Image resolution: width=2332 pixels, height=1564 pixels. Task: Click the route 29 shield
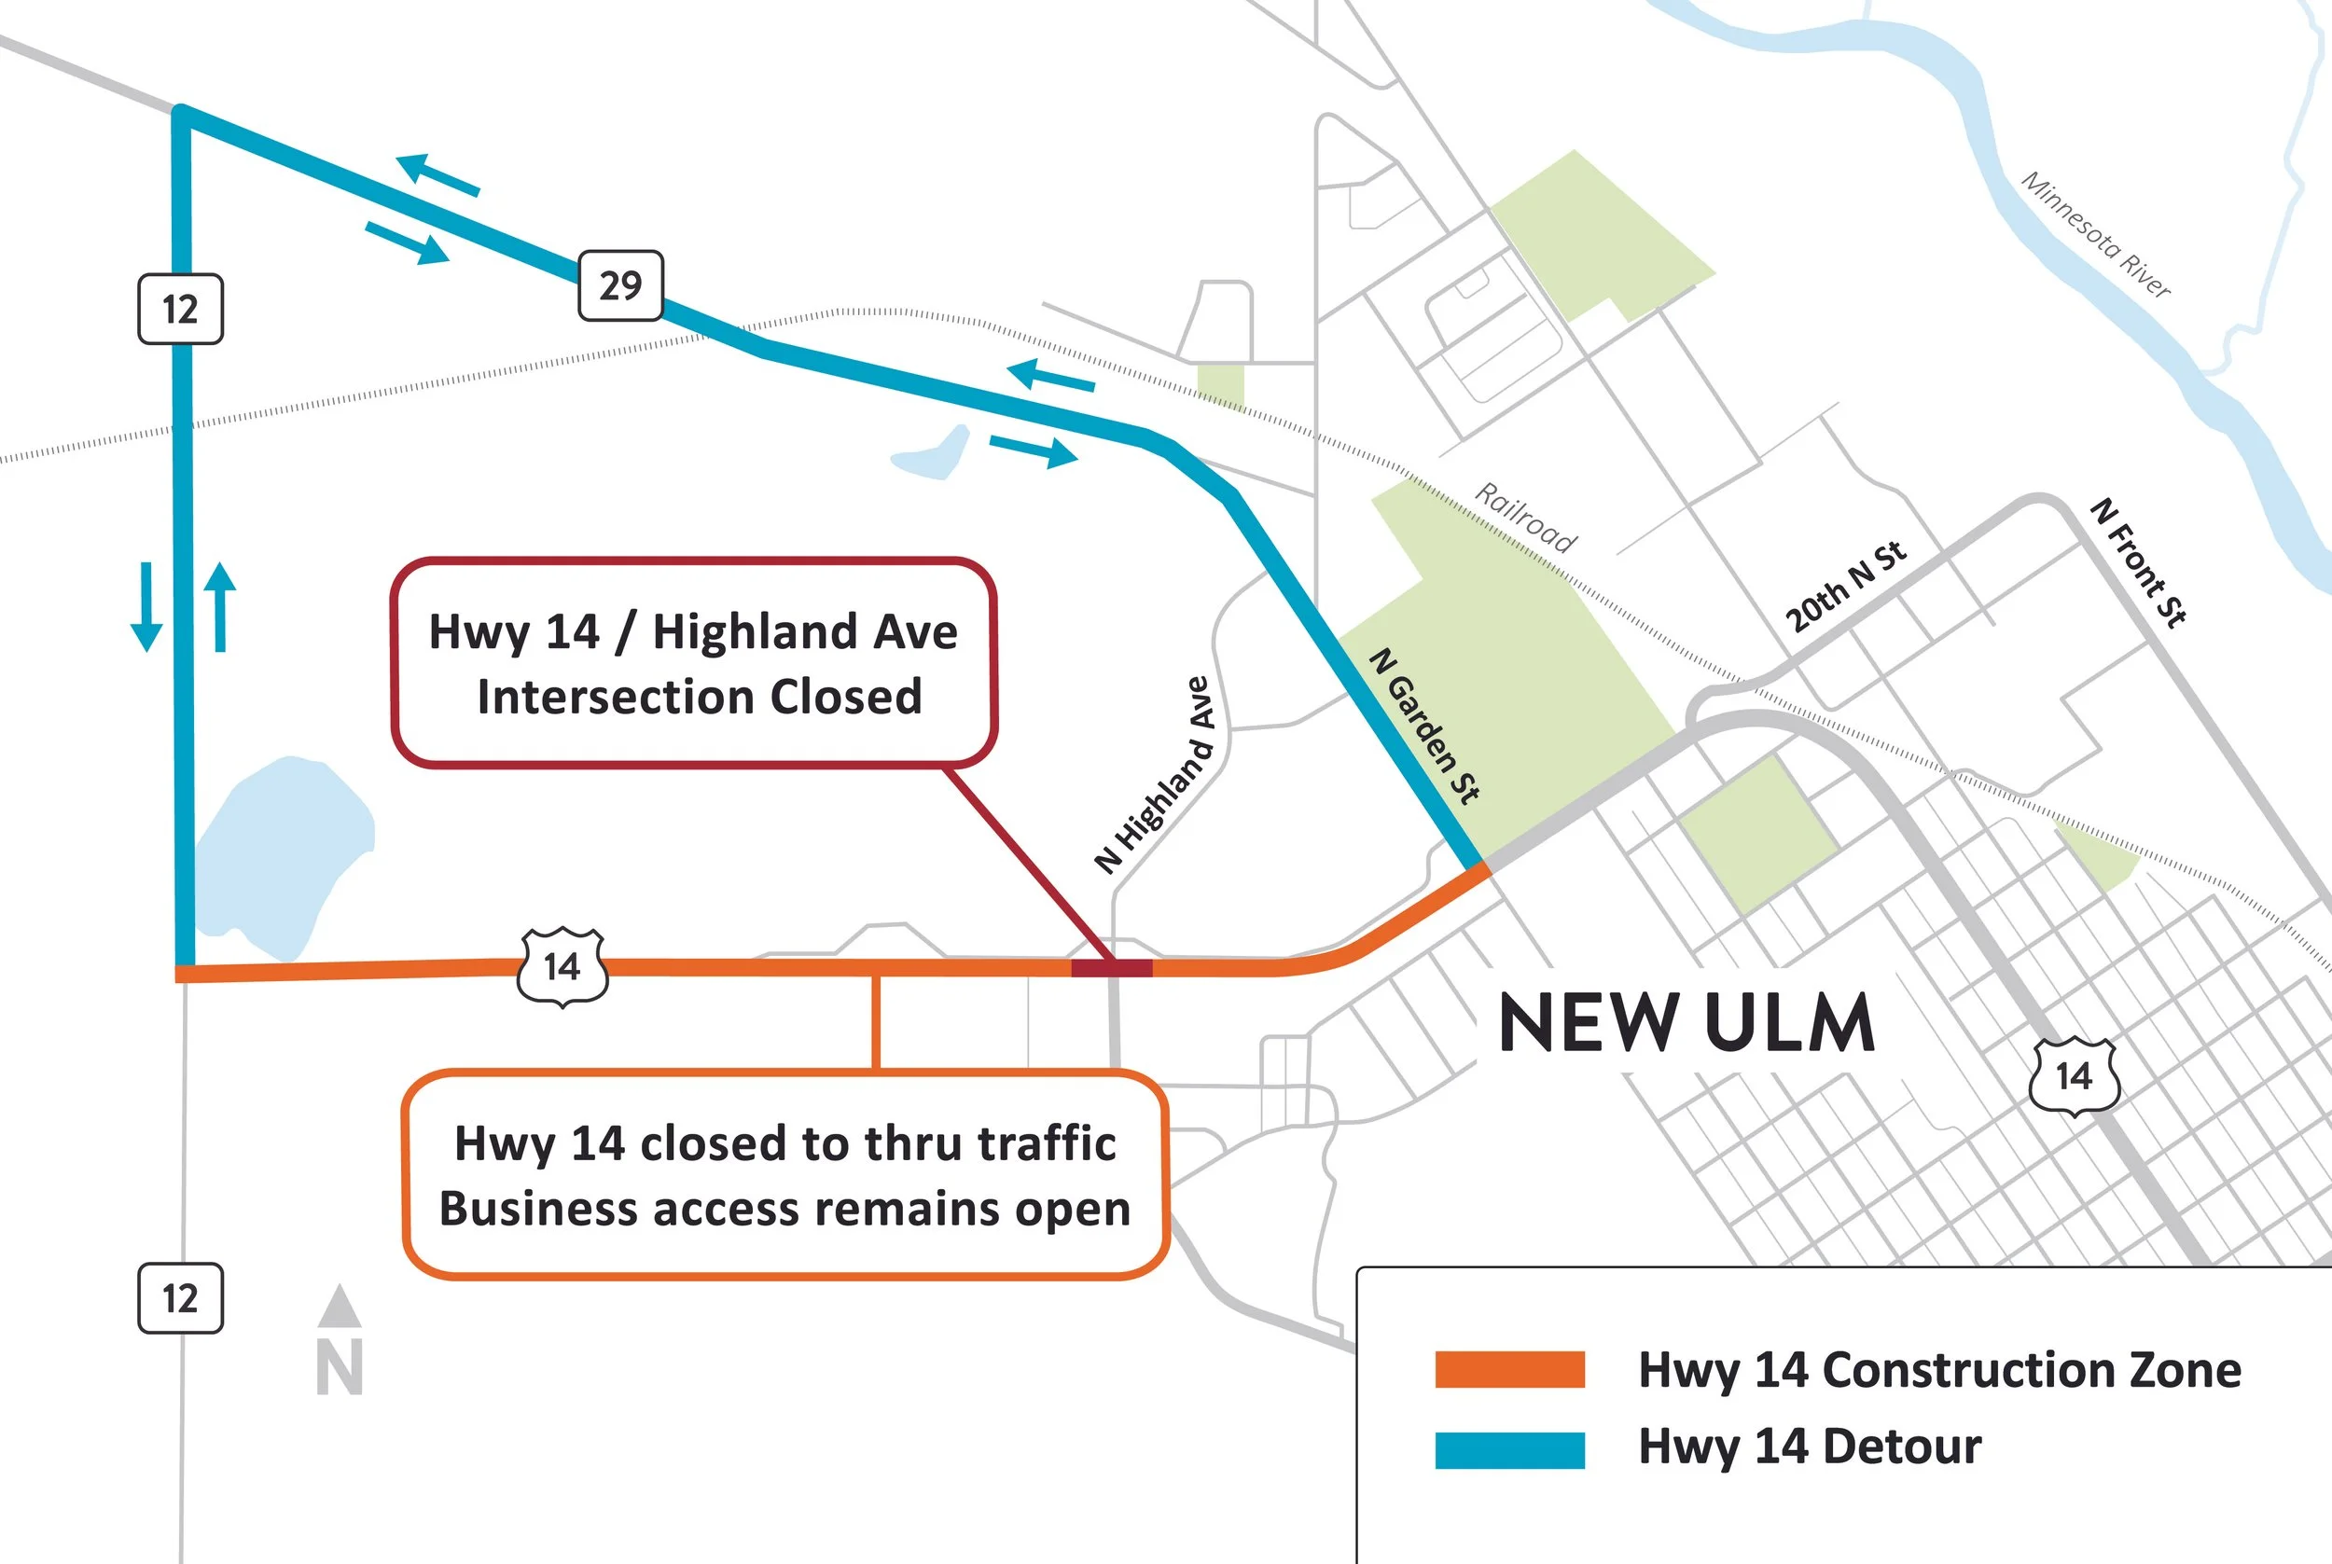620,286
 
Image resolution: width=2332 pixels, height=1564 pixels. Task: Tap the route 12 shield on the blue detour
181,310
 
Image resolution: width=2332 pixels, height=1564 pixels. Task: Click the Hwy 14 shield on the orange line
562,966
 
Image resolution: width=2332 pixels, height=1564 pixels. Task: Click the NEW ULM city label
1687,1022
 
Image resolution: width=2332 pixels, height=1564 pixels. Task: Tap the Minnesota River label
2096,234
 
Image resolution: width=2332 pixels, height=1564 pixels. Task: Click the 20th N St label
1845,588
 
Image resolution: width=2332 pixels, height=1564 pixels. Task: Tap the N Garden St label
1423,726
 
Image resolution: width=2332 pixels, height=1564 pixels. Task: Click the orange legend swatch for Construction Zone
1509,1368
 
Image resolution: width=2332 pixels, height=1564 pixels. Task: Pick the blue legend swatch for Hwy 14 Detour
1509,1449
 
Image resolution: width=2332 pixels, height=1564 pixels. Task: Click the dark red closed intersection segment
1111,966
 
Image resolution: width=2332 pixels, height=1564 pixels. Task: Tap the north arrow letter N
340,1367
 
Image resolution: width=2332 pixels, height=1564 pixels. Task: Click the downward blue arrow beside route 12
146,606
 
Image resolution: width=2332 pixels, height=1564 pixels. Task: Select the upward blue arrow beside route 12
220,606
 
